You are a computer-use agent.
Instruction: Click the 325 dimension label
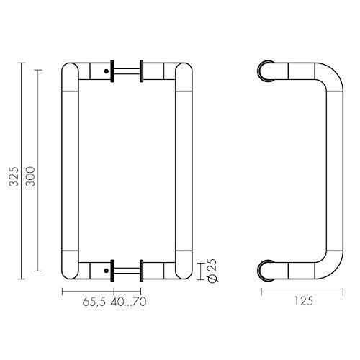[x=14, y=176]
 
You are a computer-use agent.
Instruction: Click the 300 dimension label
[x=30, y=176]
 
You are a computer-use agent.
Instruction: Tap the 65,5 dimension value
[x=94, y=302]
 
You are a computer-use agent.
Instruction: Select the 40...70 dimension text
[x=128, y=302]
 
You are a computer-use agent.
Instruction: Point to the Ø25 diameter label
[x=212, y=271]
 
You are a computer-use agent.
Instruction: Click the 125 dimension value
[x=304, y=301]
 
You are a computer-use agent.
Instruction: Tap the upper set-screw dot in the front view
[x=107, y=71]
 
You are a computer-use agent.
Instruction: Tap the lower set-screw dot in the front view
[x=107, y=271]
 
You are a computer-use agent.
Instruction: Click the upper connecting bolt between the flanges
[x=127, y=71]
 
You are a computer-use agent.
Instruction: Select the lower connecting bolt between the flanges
[x=127, y=271]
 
